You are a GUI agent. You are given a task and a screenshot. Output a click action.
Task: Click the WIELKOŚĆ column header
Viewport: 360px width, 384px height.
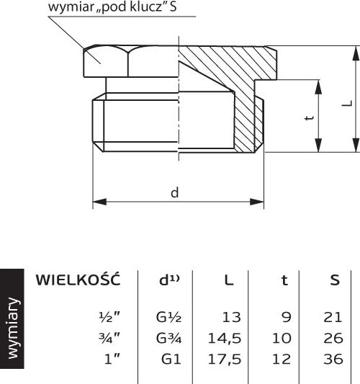coord(78,280)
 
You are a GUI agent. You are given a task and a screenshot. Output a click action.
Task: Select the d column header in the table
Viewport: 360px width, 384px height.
coord(169,280)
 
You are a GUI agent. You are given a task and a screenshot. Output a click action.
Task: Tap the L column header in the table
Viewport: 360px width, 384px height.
coord(229,280)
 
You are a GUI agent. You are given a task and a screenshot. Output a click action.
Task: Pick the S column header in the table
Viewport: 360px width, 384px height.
coord(335,280)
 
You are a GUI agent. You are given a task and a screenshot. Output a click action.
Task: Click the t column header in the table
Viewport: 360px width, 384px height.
coord(284,280)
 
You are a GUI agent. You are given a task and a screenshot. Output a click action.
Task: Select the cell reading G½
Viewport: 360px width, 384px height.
coord(168,317)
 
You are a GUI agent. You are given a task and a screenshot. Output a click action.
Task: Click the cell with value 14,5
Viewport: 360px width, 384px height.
coord(225,339)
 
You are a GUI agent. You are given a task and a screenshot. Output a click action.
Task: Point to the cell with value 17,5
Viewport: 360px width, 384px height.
coord(225,360)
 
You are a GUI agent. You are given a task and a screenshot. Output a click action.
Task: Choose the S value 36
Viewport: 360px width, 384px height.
coord(333,360)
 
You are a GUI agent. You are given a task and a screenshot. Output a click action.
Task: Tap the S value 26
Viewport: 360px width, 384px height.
coord(333,339)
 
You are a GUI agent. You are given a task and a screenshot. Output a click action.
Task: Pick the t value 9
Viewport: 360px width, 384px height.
coord(287,317)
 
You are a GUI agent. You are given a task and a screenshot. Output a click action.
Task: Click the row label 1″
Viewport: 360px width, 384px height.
coord(112,359)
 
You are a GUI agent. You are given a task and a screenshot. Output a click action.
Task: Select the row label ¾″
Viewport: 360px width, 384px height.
coord(109,338)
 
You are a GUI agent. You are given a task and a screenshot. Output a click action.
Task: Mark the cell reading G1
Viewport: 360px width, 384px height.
coord(171,360)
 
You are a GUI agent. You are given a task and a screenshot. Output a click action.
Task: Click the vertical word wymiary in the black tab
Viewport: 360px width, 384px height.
coord(13,329)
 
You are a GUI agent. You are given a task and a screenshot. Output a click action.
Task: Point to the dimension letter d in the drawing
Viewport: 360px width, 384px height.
coord(174,193)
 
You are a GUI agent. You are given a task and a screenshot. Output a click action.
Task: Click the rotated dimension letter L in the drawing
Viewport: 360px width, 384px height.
coord(347,103)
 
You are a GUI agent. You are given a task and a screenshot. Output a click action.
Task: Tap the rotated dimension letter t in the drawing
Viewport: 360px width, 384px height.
coord(310,117)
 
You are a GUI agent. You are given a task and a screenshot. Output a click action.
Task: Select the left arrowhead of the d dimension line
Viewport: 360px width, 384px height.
coord(99,202)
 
